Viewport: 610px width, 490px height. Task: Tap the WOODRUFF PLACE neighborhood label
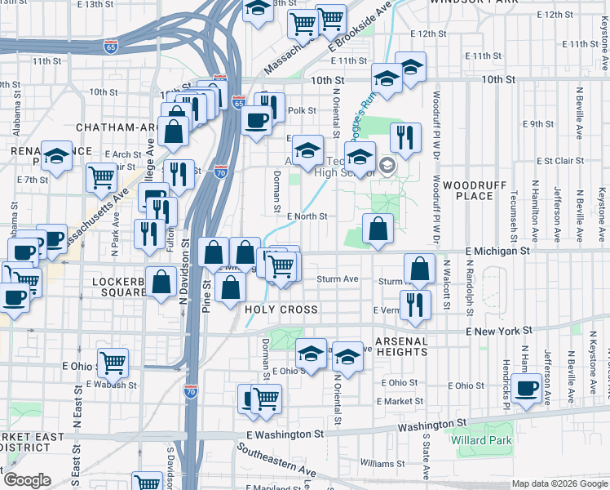[x=463, y=190]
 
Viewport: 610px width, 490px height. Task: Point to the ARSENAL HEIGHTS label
[x=401, y=345]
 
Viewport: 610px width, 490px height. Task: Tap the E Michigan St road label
[x=497, y=252]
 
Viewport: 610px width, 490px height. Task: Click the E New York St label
[x=498, y=331]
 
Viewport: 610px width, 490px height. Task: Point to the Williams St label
[x=376, y=463]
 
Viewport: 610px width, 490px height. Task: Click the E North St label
[x=307, y=216]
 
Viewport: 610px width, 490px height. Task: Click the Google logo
[x=27, y=480]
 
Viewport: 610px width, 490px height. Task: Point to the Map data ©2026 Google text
[x=559, y=483]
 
